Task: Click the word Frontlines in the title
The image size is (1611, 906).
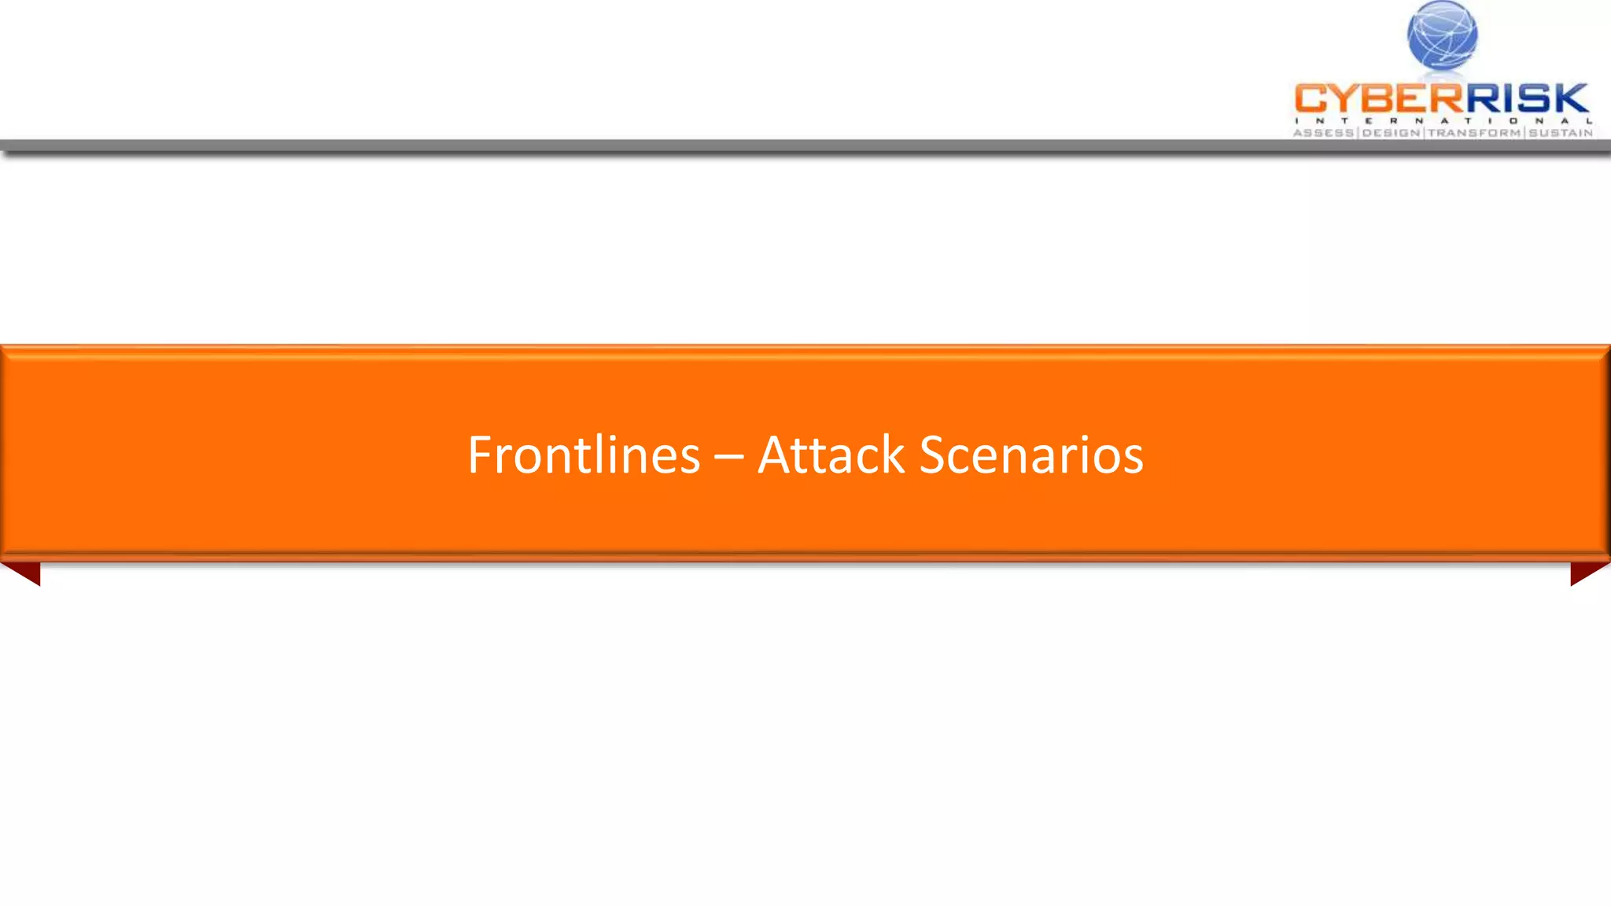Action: pyautogui.click(x=584, y=455)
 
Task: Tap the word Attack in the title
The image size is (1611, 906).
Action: pyautogui.click(x=831, y=455)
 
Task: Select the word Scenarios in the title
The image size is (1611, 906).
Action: pyautogui.click(x=1030, y=455)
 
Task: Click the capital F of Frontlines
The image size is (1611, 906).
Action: pyautogui.click(x=480, y=455)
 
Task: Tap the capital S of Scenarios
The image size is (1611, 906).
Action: pyautogui.click(x=933, y=455)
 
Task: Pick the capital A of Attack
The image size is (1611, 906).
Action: pyautogui.click(x=774, y=455)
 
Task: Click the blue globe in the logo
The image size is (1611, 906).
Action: pyautogui.click(x=1442, y=35)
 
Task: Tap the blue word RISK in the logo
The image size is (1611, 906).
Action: pyautogui.click(x=1526, y=99)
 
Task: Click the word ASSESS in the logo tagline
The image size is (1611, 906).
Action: pyautogui.click(x=1324, y=133)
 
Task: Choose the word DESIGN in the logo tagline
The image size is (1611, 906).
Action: pyautogui.click(x=1392, y=133)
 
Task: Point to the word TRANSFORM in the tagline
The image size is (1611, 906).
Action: pyautogui.click(x=1474, y=133)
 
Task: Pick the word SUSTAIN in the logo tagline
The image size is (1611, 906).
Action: pyautogui.click(x=1561, y=133)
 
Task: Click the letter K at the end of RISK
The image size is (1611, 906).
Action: pyautogui.click(x=1570, y=99)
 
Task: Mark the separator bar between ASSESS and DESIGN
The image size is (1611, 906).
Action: pyautogui.click(x=1358, y=133)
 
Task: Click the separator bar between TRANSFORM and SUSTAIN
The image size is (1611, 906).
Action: pyautogui.click(x=1525, y=133)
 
